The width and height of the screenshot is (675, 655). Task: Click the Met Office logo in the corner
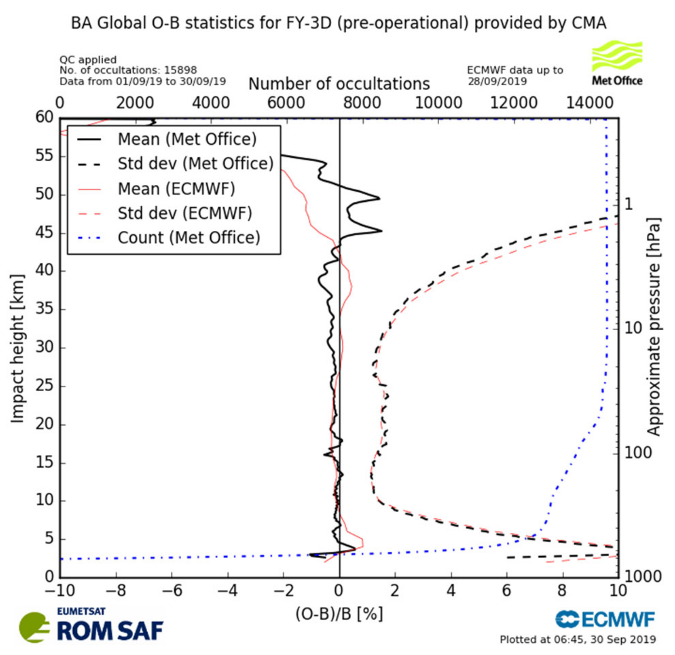pos(617,63)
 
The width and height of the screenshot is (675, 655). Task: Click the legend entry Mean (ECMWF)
pos(176,189)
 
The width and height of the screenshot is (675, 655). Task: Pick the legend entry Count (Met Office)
pos(188,238)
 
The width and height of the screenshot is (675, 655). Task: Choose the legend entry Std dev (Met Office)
pos(195,164)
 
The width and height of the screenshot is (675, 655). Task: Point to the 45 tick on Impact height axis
pos(45,233)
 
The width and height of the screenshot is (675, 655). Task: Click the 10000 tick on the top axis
pos(438,103)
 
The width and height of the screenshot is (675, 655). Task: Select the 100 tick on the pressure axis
pos(638,453)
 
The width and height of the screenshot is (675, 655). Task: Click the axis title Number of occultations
pos(339,84)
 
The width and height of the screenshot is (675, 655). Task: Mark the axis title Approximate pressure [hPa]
pos(653,326)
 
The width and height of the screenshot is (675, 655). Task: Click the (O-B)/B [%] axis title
pos(339,614)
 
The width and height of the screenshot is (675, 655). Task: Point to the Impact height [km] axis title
pos(17,348)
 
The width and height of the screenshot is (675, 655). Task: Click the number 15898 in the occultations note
pos(180,70)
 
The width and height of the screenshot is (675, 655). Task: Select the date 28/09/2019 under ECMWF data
pos(497,81)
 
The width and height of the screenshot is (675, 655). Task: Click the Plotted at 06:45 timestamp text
pos(578,639)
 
